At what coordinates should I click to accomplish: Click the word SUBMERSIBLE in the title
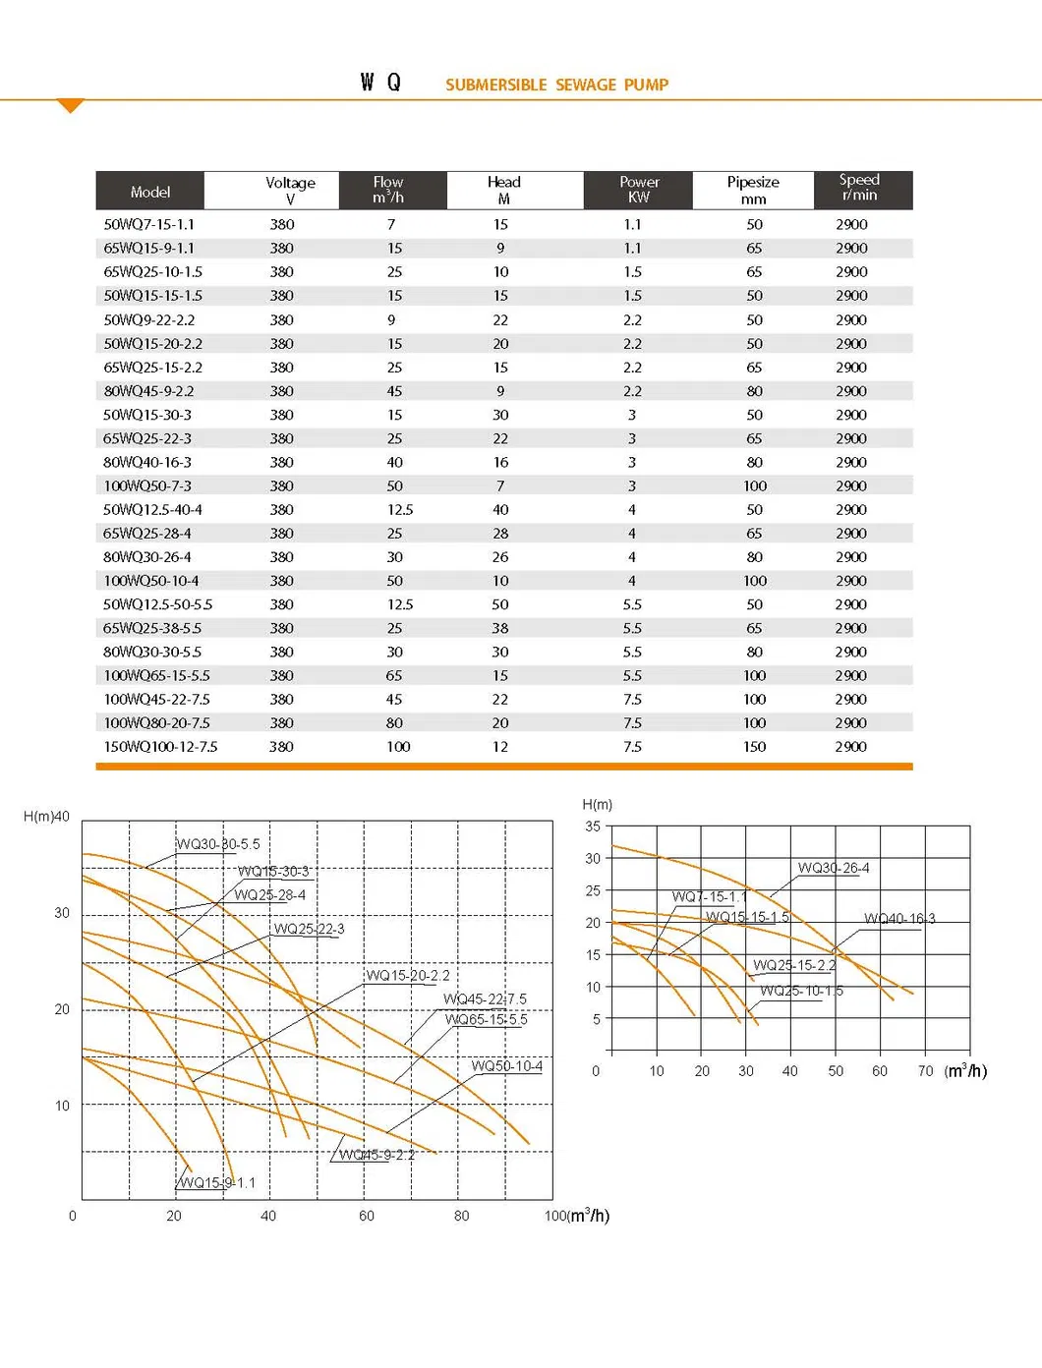pyautogui.click(x=495, y=85)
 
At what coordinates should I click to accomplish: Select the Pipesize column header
pyautogui.click(x=753, y=190)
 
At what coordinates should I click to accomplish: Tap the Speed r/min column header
pyautogui.click(x=859, y=188)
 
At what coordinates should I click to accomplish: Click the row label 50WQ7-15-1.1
pyautogui.click(x=148, y=224)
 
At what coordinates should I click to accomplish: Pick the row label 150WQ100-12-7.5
pyautogui.click(x=160, y=747)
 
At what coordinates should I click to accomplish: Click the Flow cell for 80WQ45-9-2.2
pyautogui.click(x=394, y=391)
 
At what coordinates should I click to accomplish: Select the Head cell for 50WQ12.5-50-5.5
pyautogui.click(x=500, y=604)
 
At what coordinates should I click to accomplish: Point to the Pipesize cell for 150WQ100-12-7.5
pyautogui.click(x=754, y=747)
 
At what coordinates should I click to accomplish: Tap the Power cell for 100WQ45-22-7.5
pyautogui.click(x=632, y=700)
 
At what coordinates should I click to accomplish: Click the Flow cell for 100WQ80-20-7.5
pyautogui.click(x=394, y=723)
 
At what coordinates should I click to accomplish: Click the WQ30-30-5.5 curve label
pyautogui.click(x=218, y=844)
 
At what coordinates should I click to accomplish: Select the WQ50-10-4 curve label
pyautogui.click(x=506, y=1066)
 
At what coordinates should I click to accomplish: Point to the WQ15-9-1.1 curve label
pyautogui.click(x=217, y=1182)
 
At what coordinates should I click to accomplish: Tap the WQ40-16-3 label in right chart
pyautogui.click(x=899, y=919)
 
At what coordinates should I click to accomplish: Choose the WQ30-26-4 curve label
pyautogui.click(x=834, y=868)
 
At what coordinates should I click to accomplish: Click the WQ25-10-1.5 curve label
pyautogui.click(x=801, y=991)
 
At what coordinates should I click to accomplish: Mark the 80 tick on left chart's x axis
pyautogui.click(x=462, y=1216)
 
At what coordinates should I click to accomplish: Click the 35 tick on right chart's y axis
pyautogui.click(x=593, y=826)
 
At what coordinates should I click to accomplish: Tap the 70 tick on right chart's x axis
pyautogui.click(x=925, y=1071)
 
